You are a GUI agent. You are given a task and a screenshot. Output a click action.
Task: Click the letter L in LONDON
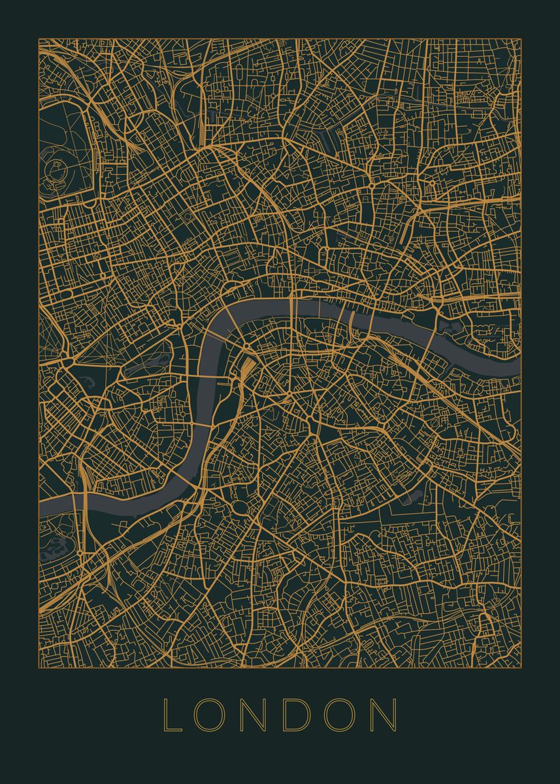tap(171, 715)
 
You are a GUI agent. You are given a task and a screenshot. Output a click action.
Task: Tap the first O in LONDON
tap(212, 715)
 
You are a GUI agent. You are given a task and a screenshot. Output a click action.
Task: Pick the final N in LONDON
tap(386, 715)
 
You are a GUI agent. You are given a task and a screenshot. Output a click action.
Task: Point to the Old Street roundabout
tap(371, 186)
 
